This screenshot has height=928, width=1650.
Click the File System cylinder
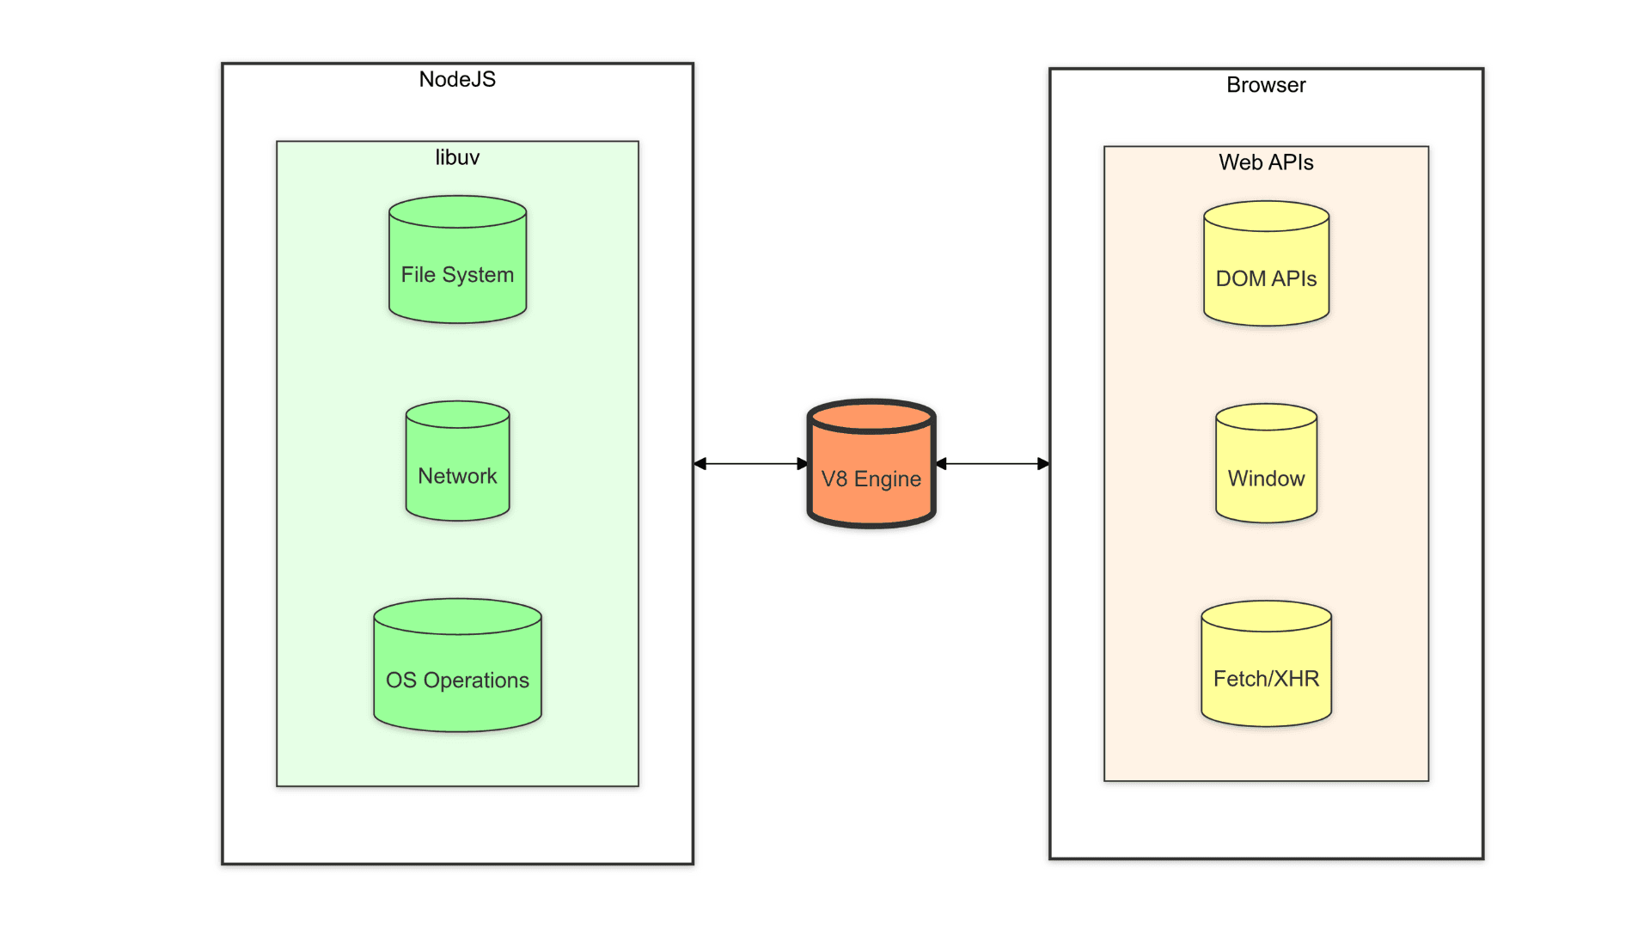click(x=457, y=266)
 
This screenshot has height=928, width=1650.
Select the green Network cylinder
click(x=457, y=468)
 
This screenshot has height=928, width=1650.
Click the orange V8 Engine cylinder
click(x=871, y=473)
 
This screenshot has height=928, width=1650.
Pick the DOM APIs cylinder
click(x=1266, y=271)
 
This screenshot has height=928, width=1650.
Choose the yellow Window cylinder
click(x=1266, y=471)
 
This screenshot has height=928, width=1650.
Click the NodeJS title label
click(x=457, y=79)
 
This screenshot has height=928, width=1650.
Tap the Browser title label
click(x=1266, y=85)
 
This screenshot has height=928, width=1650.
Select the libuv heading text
click(x=457, y=157)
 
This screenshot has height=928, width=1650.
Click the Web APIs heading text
click(x=1266, y=162)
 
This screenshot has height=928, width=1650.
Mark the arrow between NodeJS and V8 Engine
click(x=750, y=464)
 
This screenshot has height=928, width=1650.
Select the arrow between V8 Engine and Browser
click(x=993, y=464)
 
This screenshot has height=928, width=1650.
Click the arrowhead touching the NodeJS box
click(x=700, y=464)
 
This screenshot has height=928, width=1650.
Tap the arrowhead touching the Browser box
click(x=1043, y=464)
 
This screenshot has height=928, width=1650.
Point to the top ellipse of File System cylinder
click(x=457, y=212)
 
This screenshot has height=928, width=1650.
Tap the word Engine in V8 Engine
click(x=888, y=479)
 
